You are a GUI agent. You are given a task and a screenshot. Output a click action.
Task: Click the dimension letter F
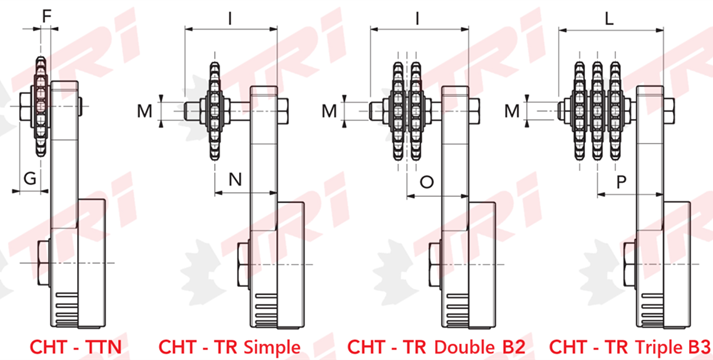[46, 16]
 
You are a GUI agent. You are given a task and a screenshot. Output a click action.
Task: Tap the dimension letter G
[30, 179]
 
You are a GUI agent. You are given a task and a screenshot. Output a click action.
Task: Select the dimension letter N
[235, 180]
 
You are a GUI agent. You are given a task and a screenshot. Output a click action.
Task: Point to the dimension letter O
[427, 182]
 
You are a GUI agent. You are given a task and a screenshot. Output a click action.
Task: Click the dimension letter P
[621, 183]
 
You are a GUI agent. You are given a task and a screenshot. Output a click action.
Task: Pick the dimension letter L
[609, 18]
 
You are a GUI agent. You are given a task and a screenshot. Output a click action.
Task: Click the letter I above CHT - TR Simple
[230, 18]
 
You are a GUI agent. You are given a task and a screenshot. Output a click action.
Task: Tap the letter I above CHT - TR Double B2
[418, 18]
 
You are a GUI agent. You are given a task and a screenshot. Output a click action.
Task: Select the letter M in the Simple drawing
[145, 111]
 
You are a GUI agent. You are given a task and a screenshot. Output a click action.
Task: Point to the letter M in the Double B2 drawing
[329, 111]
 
